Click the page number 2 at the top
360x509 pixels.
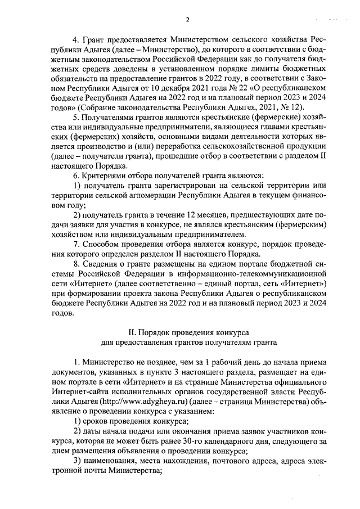pyautogui.click(x=188, y=20)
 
